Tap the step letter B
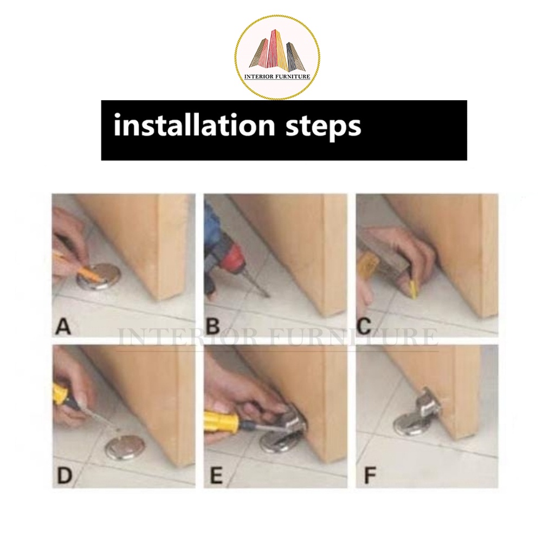213,326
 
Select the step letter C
364,326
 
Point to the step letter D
64,475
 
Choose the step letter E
216,475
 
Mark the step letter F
370,475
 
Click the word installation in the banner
194,125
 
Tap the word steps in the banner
323,127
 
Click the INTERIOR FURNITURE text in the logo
277,76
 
